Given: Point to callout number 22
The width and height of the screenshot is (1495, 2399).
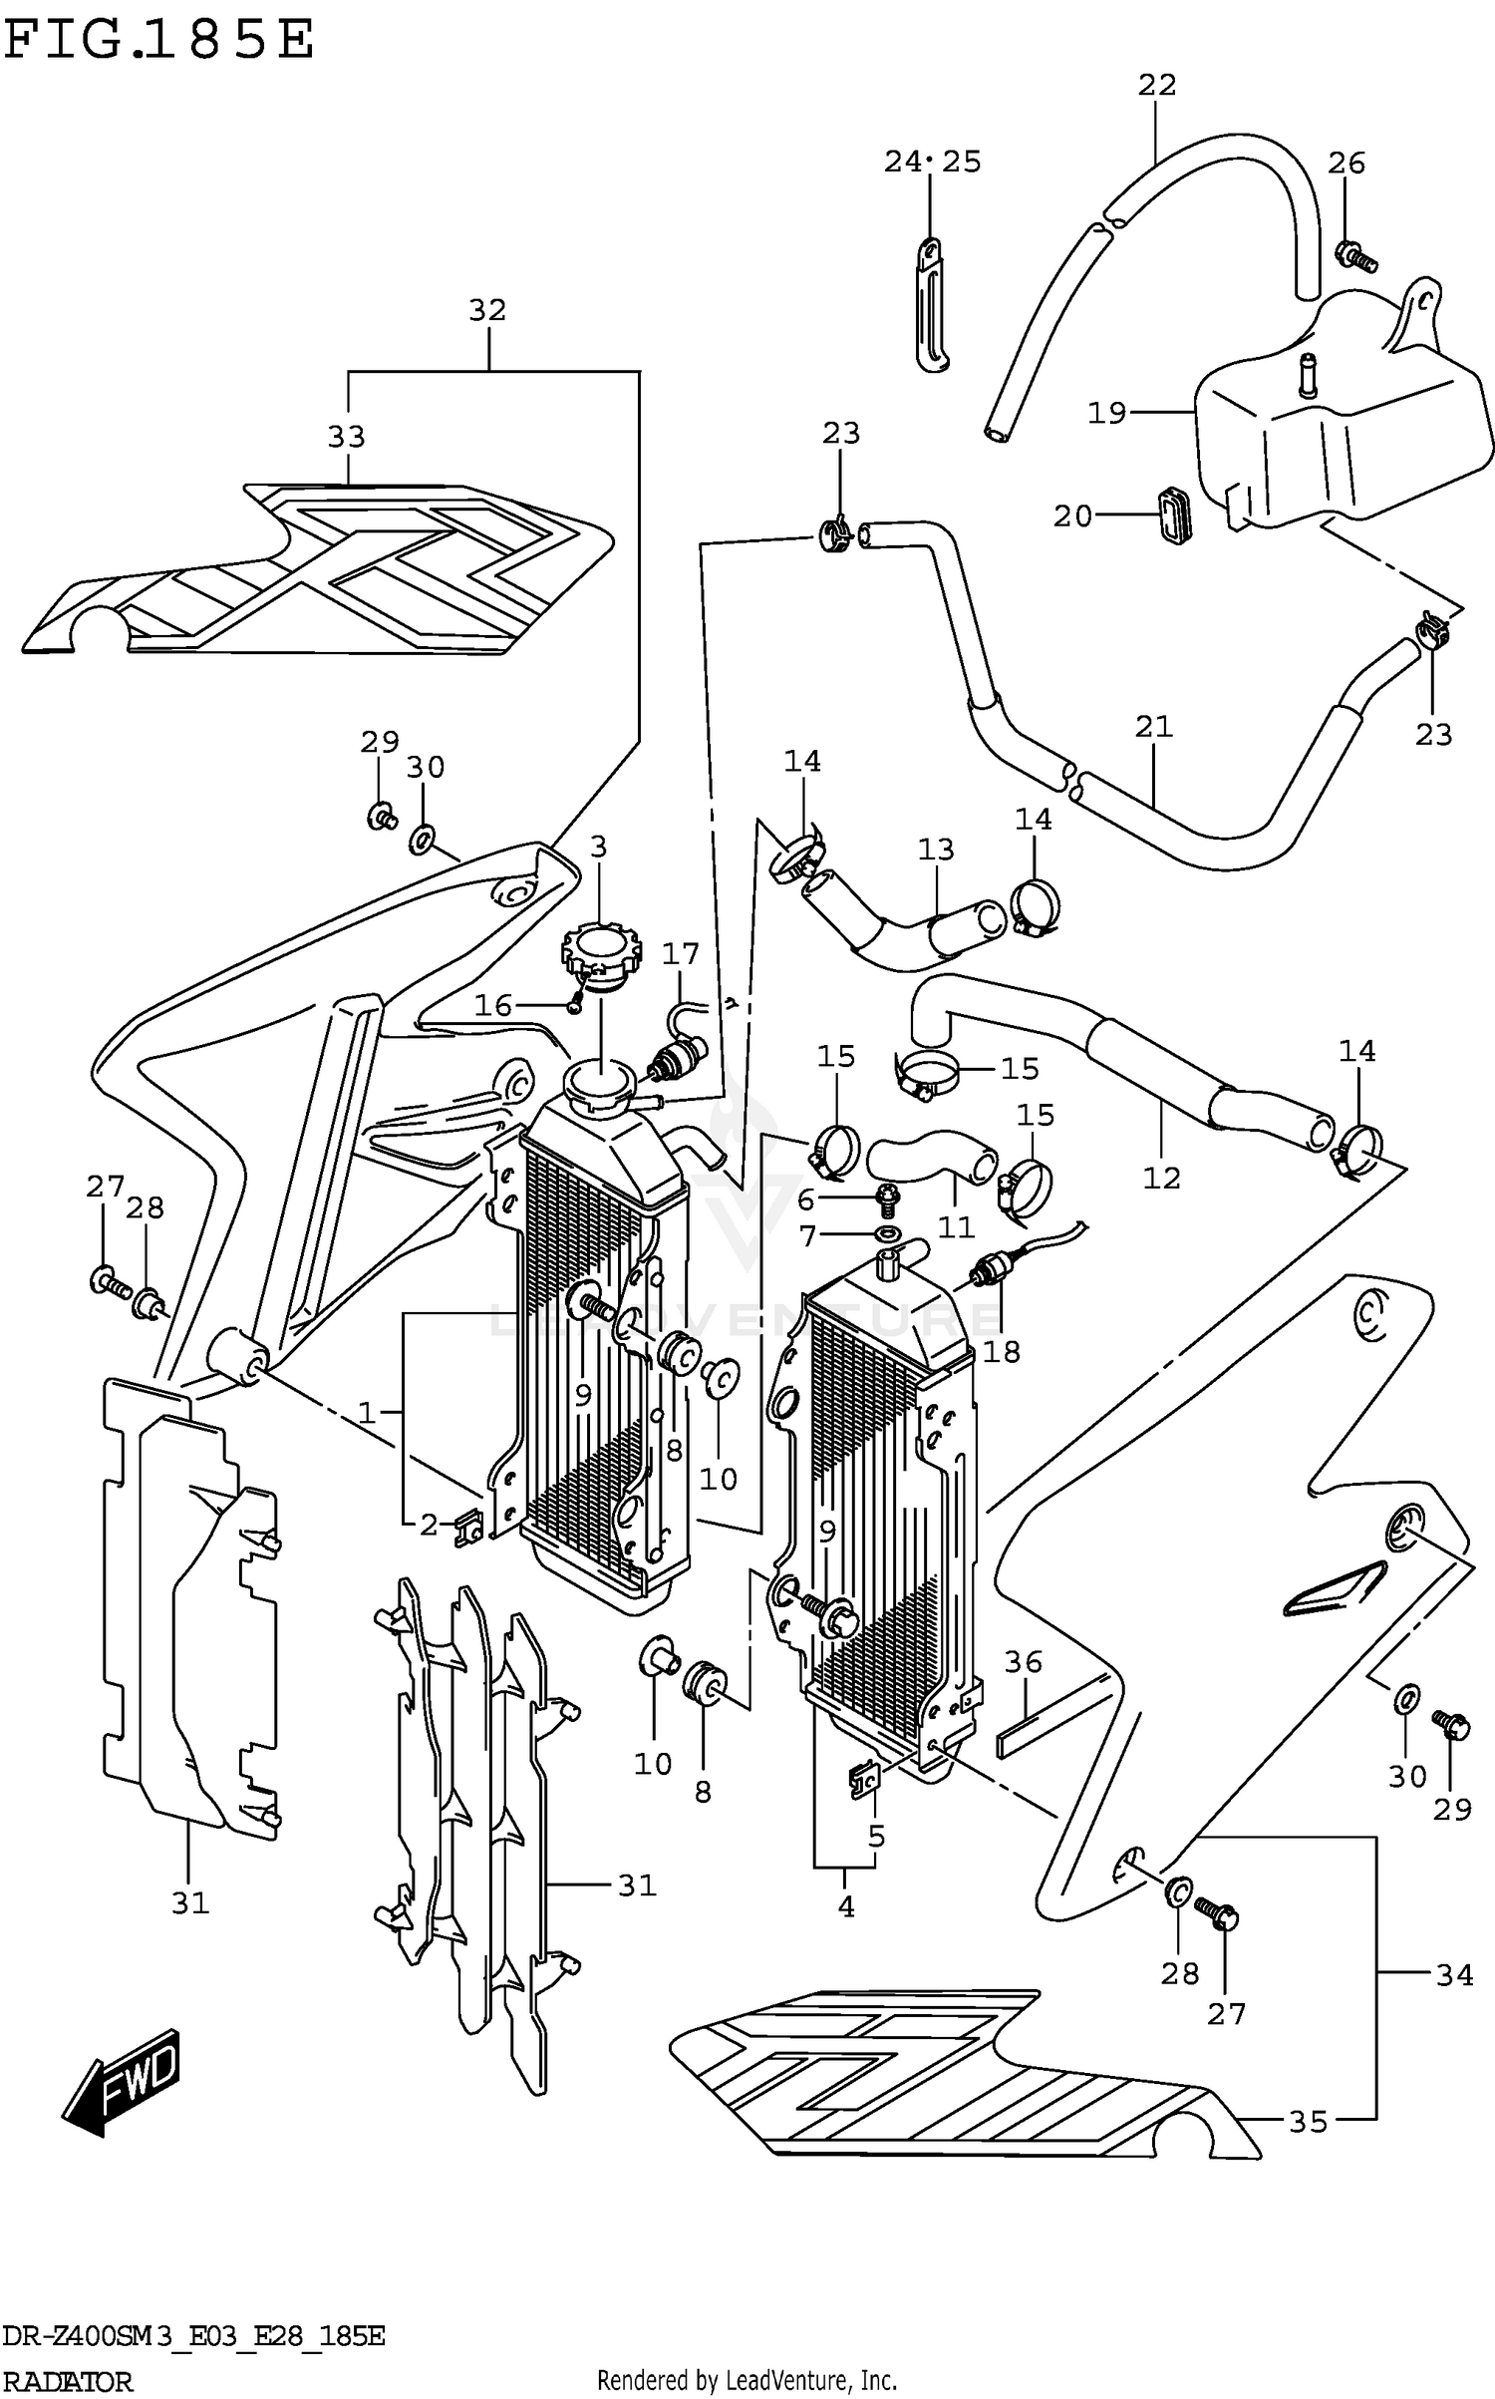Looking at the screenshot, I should pos(1157,86).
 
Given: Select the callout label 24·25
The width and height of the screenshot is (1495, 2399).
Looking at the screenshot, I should pos(932,162).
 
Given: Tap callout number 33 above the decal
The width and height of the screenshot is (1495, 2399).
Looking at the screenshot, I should pos(347,437).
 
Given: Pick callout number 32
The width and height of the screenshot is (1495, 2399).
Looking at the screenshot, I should pos(487,311).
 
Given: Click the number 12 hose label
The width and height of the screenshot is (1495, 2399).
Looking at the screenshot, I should pos(1161,1178).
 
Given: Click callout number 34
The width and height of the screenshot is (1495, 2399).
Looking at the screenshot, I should pos(1454,1973).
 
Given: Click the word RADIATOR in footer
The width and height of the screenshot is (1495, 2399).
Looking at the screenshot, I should pos(67,2381).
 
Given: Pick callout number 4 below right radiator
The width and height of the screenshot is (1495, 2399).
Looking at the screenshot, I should pos(845,1906).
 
